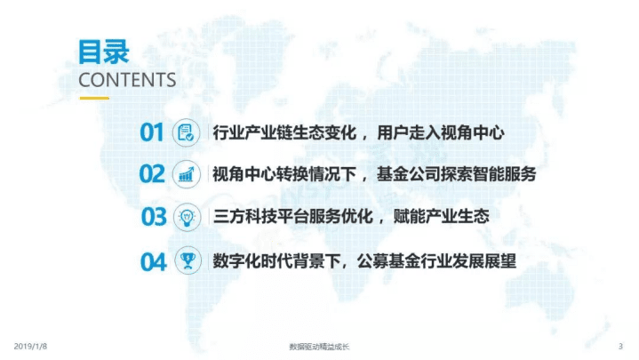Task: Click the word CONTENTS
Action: click(127, 80)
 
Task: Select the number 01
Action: click(152, 133)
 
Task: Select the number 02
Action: click(152, 174)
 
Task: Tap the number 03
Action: click(154, 216)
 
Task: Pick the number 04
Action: click(153, 261)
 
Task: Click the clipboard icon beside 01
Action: click(187, 133)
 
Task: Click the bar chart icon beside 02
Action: click(187, 174)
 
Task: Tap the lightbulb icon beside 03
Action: click(187, 216)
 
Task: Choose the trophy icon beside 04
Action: click(187, 261)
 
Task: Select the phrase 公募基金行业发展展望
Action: click(439, 261)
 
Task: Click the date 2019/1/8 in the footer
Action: click(31, 346)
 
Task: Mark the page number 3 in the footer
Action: click(619, 346)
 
